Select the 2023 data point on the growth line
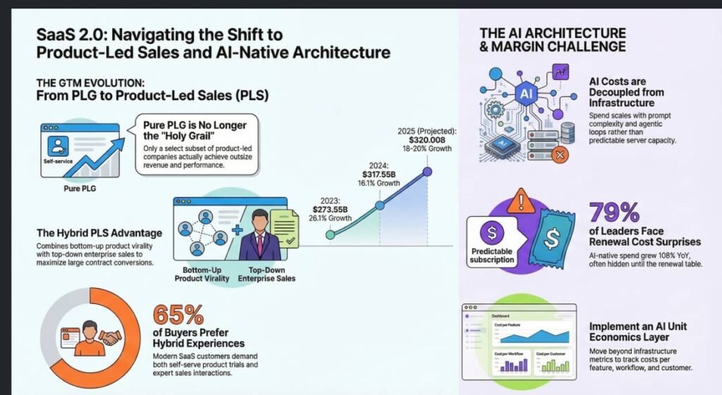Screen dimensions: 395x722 coord(329,234)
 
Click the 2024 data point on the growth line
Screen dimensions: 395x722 coord(380,205)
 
